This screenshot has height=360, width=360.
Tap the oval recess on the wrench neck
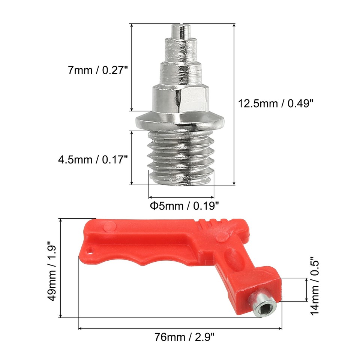pyautogui.click(x=232, y=259)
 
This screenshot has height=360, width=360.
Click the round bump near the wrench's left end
pyautogui.click(x=109, y=226)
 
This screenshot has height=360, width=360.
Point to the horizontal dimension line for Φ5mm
pyautogui.click(x=181, y=197)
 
